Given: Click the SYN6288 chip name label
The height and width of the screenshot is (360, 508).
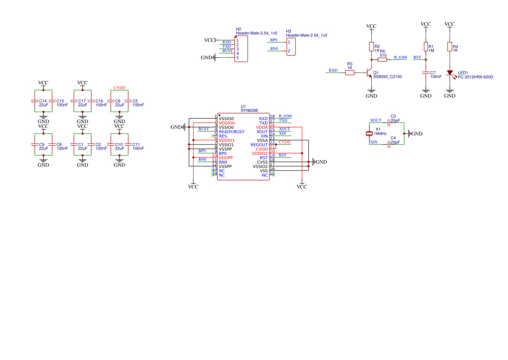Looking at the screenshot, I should click(249, 111).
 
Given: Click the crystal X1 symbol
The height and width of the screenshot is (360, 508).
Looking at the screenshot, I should click(370, 133).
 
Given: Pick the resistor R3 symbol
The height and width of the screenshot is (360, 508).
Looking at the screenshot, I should click(350, 73).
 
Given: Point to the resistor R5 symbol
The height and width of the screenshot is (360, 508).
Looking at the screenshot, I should click(382, 60).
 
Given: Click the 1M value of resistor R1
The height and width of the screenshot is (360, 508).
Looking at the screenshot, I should click(432, 51).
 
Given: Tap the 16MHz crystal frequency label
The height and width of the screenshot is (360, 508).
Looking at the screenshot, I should click(380, 134).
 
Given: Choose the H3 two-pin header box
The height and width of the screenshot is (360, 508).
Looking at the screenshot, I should click(291, 47).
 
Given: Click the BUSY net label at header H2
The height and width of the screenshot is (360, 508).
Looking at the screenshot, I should click(227, 51).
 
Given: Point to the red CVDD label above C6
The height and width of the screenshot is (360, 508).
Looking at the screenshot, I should click(120, 88).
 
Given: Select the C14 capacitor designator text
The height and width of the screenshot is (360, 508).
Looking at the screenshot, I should click(43, 101).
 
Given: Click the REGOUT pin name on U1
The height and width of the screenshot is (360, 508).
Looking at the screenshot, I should click(259, 145).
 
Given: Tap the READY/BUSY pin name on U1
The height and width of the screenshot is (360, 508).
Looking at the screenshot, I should click(232, 132).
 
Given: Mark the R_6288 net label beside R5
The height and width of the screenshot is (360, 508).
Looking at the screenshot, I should click(400, 57).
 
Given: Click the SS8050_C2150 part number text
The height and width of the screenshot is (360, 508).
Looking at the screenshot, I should click(388, 77).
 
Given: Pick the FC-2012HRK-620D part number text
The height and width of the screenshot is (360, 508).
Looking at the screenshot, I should click(475, 77).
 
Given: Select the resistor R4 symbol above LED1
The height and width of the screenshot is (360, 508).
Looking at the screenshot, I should click(450, 47).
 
